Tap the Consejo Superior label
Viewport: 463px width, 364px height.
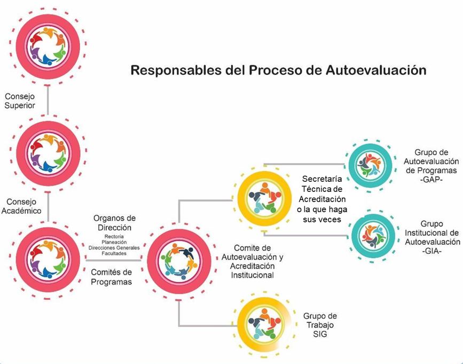point(20,101)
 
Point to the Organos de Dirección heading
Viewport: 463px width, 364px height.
point(114,222)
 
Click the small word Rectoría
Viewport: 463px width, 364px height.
point(115,236)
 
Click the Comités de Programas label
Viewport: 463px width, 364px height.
point(111,277)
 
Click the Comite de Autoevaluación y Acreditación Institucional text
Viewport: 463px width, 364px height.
point(252,261)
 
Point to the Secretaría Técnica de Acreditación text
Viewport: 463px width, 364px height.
point(321,198)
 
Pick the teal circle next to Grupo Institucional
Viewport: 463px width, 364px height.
point(375,233)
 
